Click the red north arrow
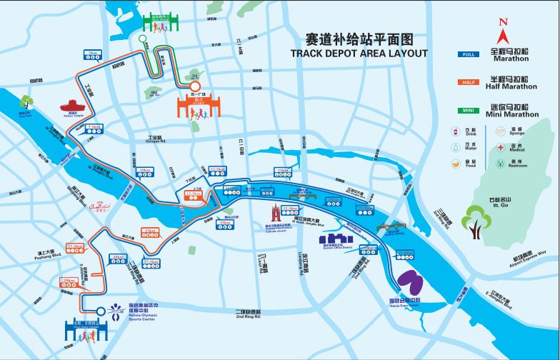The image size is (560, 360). tap(503, 31)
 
